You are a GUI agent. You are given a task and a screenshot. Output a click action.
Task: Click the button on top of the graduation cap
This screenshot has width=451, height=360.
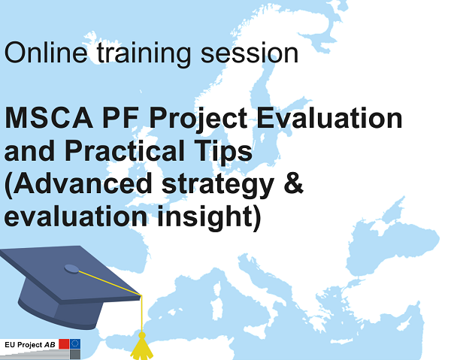(71, 268)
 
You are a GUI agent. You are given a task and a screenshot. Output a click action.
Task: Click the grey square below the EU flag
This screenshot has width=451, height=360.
(76, 354)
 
